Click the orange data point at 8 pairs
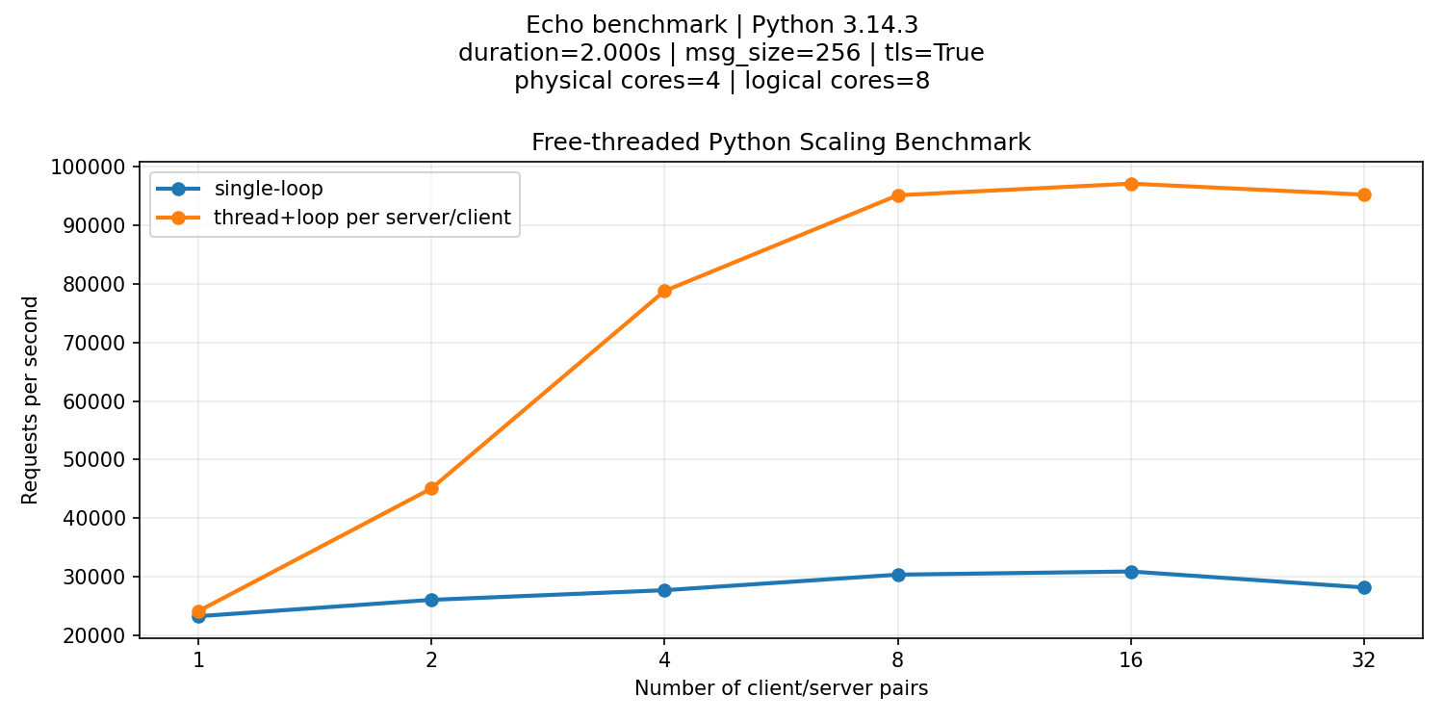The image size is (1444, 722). tap(898, 195)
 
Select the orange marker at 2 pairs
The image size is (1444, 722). tap(431, 488)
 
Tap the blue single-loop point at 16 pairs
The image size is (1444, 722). tap(1131, 572)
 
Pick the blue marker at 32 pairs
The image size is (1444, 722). tap(1364, 587)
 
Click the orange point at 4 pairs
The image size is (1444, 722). tap(664, 291)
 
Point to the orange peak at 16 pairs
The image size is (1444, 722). tap(1131, 184)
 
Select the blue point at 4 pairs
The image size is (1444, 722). tap(664, 590)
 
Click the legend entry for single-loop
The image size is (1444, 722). tap(255, 189)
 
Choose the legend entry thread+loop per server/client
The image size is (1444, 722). tap(362, 218)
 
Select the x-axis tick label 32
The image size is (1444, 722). tap(1364, 660)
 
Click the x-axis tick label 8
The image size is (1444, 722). tap(898, 660)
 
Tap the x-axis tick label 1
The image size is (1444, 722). tap(198, 660)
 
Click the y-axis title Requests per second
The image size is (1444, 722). tap(31, 400)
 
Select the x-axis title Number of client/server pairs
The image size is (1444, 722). tap(781, 689)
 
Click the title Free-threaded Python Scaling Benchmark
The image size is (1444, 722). tap(781, 142)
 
